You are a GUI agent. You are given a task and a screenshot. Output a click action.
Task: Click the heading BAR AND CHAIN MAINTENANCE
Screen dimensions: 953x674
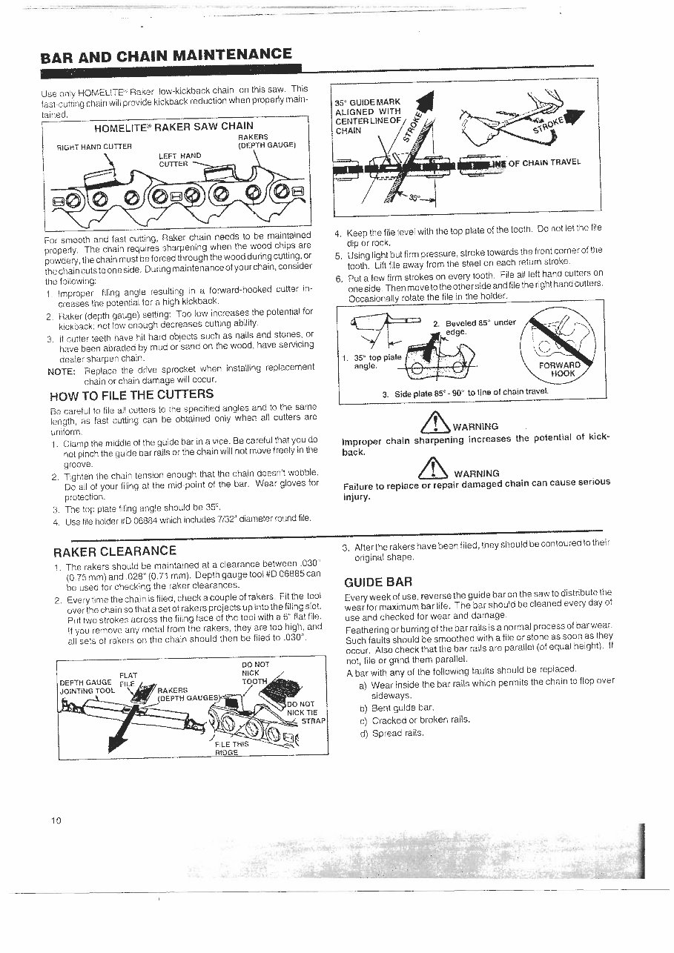[166, 55]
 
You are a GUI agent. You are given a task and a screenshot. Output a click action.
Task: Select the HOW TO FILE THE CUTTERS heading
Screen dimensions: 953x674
[131, 394]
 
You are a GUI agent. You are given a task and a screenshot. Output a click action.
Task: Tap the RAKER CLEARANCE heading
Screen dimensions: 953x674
[115, 551]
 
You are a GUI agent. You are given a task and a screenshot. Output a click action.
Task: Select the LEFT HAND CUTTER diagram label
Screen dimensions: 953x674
[179, 159]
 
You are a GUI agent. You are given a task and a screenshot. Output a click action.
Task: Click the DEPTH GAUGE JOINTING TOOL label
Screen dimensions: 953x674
[85, 686]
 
